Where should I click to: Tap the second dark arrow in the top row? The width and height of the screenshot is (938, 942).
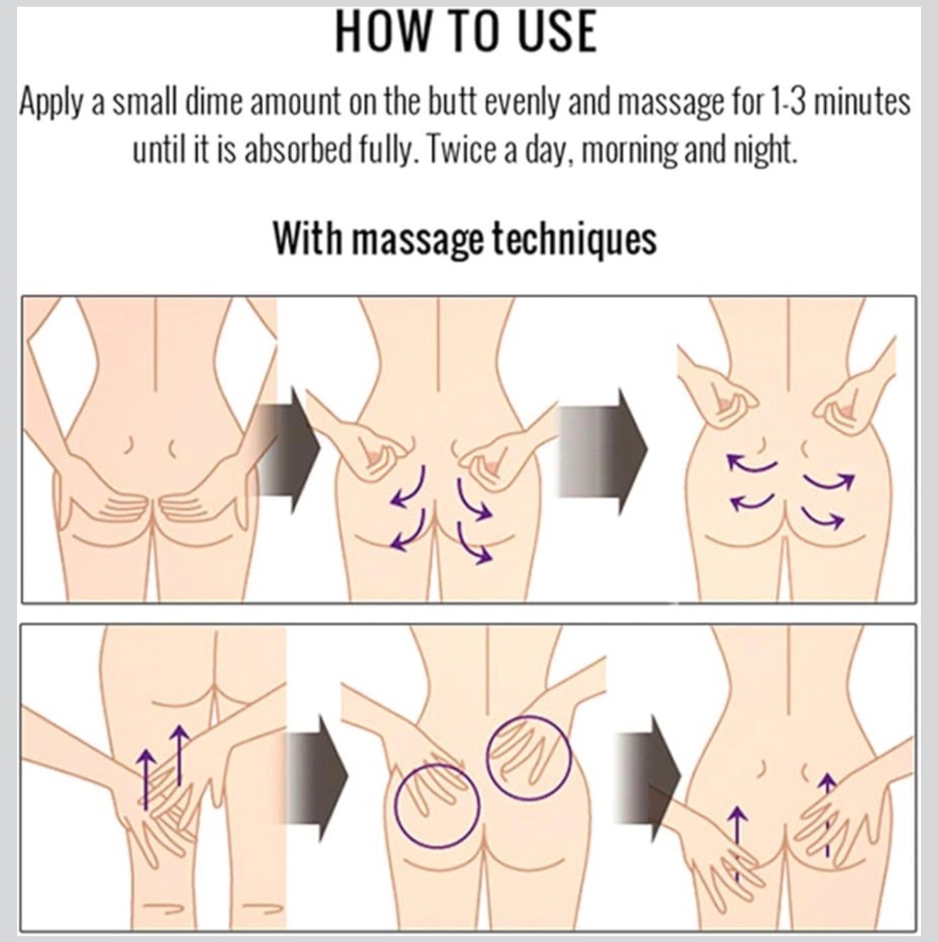coord(602,451)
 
